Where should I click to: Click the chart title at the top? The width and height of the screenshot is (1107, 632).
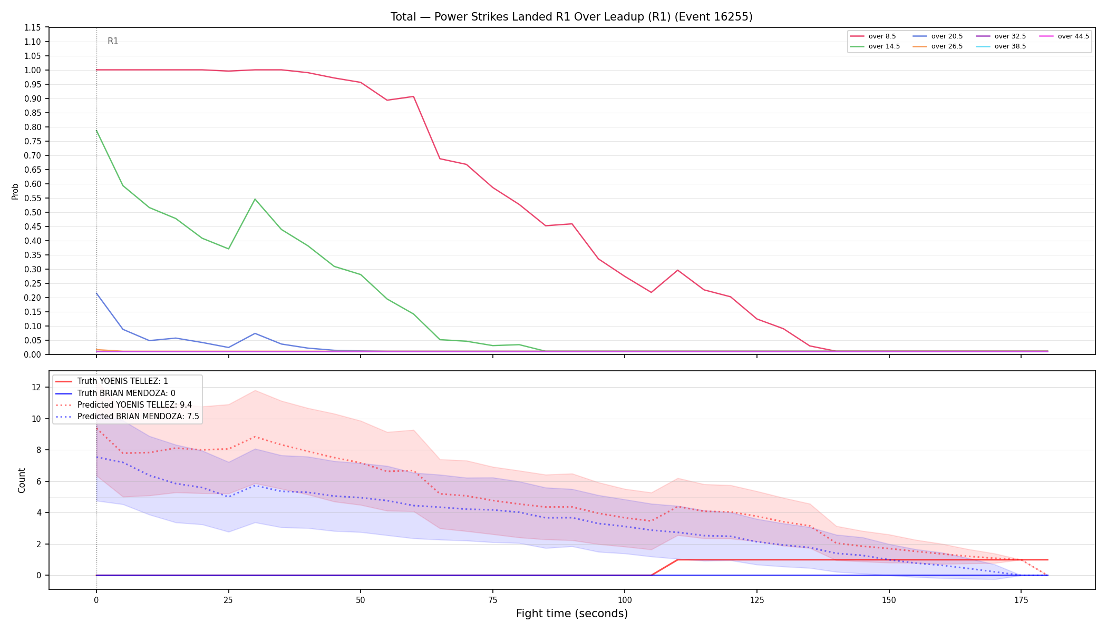click(571, 17)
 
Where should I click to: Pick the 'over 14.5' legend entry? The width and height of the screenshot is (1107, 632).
click(875, 46)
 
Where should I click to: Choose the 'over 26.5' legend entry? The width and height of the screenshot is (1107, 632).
click(938, 46)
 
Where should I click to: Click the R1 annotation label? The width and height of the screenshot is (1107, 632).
click(113, 41)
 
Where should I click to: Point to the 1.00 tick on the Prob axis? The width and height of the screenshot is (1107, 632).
click(33, 70)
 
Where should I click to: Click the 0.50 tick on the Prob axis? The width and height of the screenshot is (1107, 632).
click(33, 212)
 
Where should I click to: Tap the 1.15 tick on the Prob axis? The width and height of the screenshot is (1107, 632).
click(33, 27)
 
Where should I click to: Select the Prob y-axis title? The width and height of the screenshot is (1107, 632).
click(15, 191)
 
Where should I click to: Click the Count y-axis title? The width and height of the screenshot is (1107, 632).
click(22, 480)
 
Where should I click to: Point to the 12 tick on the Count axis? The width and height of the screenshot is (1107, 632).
click(36, 387)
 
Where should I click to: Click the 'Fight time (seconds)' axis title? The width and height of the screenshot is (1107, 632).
click(572, 614)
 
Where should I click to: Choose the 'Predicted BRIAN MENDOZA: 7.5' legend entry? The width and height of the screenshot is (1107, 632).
click(127, 417)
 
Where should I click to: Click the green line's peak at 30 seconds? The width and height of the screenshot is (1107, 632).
click(255, 199)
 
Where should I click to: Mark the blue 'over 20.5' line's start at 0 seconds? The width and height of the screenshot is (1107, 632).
click(96, 293)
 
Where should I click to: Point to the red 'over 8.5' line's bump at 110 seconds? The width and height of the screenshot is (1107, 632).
click(678, 270)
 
